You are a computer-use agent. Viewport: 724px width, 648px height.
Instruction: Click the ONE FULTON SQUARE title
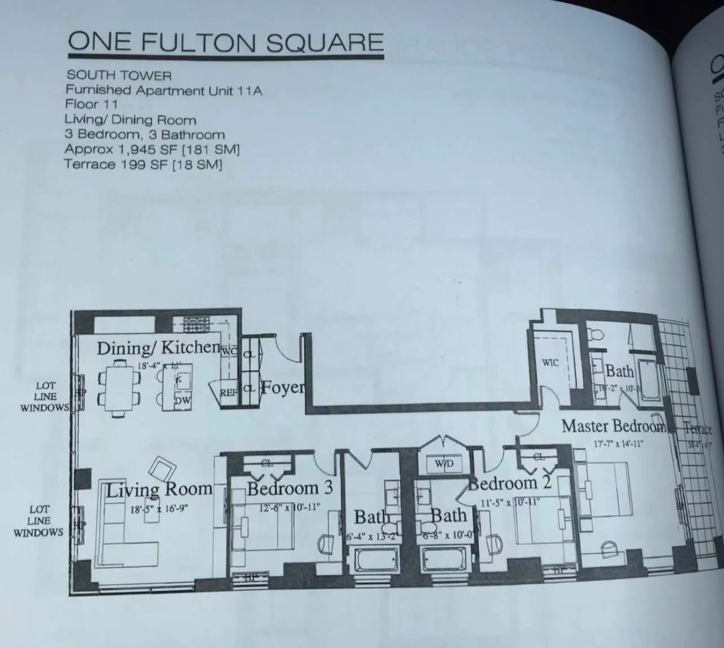(x=225, y=43)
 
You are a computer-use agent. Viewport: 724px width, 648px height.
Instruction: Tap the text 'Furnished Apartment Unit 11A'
(x=163, y=90)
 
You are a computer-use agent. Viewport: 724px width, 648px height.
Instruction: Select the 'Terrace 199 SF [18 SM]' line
(x=143, y=165)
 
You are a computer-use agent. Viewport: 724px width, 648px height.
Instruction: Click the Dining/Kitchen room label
(x=158, y=347)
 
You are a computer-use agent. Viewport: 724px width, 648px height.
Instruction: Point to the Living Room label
(x=159, y=489)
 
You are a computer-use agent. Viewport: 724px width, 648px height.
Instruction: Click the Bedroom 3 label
(x=290, y=487)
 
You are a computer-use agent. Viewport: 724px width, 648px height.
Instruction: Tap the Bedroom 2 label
(x=510, y=483)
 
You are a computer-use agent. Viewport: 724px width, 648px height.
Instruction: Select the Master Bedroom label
(x=613, y=426)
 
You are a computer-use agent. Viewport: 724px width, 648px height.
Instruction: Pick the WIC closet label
(x=550, y=362)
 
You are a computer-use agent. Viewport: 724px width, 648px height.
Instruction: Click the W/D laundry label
(x=445, y=464)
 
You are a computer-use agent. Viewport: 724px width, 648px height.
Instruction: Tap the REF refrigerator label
(x=228, y=392)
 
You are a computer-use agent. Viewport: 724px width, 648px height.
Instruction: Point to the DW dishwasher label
(x=182, y=401)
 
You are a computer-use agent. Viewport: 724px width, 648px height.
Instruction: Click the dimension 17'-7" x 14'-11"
(x=618, y=443)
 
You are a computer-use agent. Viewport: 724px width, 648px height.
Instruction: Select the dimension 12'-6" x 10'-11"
(x=290, y=507)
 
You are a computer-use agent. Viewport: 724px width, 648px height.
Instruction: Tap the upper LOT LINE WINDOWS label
(x=45, y=397)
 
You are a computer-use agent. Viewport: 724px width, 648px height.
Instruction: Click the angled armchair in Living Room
(x=162, y=468)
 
